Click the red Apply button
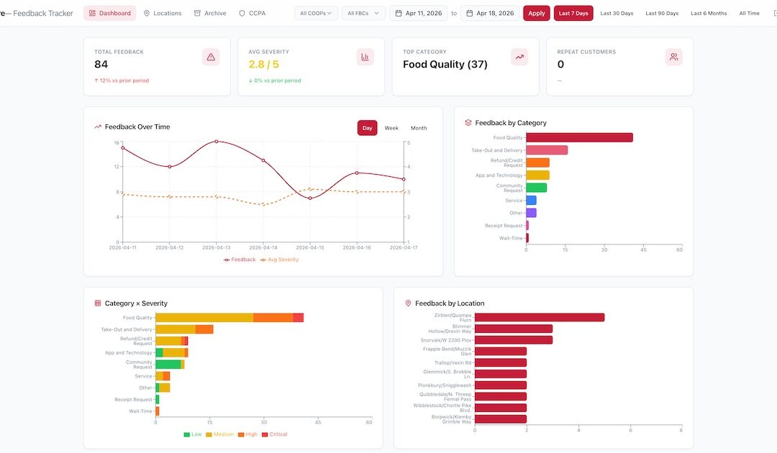(x=537, y=13)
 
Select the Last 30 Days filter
(x=617, y=13)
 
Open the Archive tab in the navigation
(x=210, y=13)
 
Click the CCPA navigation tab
(x=253, y=13)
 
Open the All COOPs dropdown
(x=317, y=13)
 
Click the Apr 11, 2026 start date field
(x=418, y=13)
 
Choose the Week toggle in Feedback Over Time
(x=391, y=128)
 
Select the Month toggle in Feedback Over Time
(x=419, y=128)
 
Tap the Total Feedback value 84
(x=101, y=65)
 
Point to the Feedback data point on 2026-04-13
(x=217, y=142)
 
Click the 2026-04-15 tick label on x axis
(x=310, y=247)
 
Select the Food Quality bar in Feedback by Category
(x=579, y=137)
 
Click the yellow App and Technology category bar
(x=537, y=175)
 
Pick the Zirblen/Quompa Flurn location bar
(x=539, y=317)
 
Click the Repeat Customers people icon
(x=673, y=58)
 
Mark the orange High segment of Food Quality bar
(x=273, y=318)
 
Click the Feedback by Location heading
(x=450, y=303)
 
